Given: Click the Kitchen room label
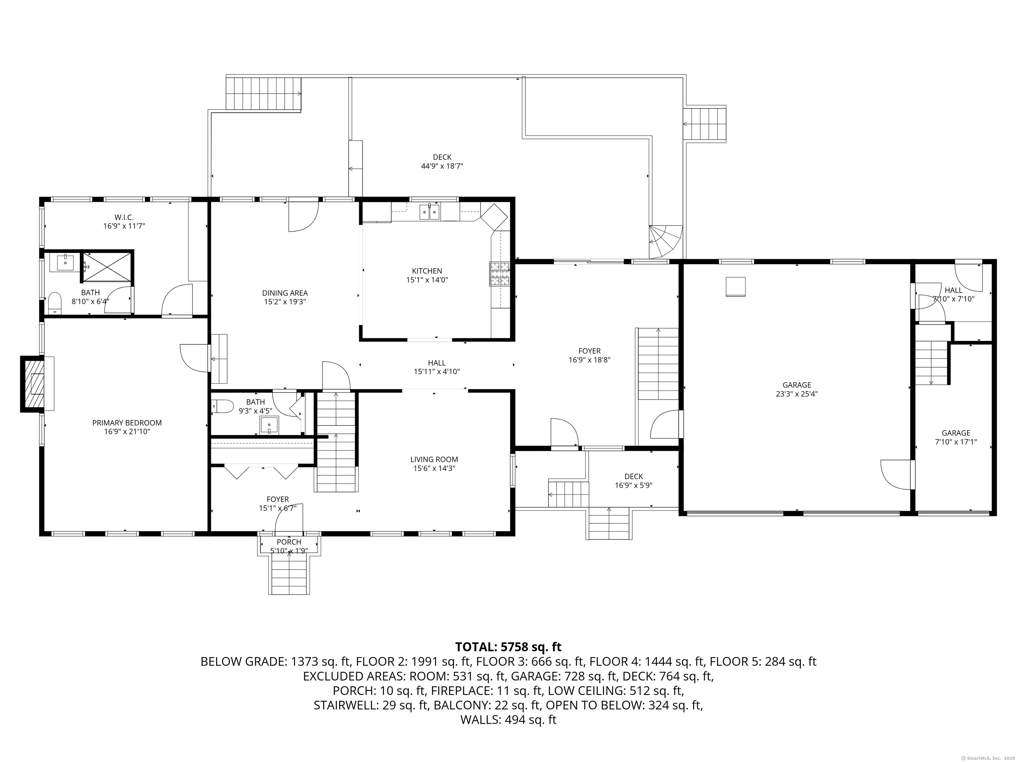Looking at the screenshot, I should click(427, 271).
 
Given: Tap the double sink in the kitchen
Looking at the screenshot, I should click(429, 212).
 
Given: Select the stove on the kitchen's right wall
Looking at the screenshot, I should click(500, 274).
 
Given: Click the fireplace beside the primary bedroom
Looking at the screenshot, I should click(32, 384).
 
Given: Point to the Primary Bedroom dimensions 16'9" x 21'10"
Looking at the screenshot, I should click(127, 432).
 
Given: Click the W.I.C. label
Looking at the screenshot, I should click(124, 217).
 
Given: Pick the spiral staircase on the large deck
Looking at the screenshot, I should click(664, 241).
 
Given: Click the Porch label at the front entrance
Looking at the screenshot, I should click(289, 542).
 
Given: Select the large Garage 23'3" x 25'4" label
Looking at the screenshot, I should click(797, 385).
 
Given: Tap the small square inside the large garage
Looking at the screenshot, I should click(735, 287).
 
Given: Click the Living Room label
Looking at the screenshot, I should click(434, 459).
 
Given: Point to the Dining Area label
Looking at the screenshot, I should click(285, 293).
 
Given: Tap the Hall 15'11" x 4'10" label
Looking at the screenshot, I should click(436, 363).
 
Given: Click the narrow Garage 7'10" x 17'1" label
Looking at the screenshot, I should click(956, 433).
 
